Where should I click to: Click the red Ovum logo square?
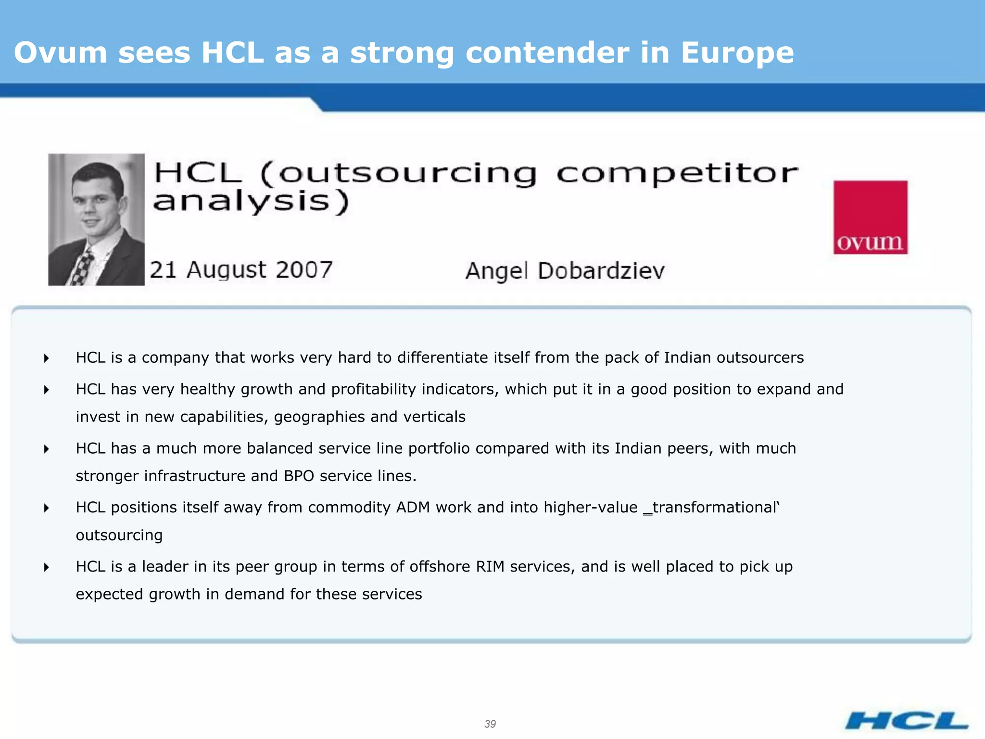click(x=870, y=217)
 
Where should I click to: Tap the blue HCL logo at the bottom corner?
click(x=907, y=721)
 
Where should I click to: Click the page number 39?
click(x=490, y=724)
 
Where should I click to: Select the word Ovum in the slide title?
click(x=61, y=52)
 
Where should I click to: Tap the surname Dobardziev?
click(x=601, y=270)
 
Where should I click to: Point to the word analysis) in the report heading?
click(x=251, y=202)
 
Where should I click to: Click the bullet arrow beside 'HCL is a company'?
click(x=46, y=358)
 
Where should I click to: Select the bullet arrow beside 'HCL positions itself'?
click(x=46, y=508)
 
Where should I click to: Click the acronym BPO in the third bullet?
click(x=299, y=476)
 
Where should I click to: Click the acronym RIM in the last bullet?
click(x=490, y=566)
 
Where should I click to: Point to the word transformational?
click(x=714, y=507)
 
